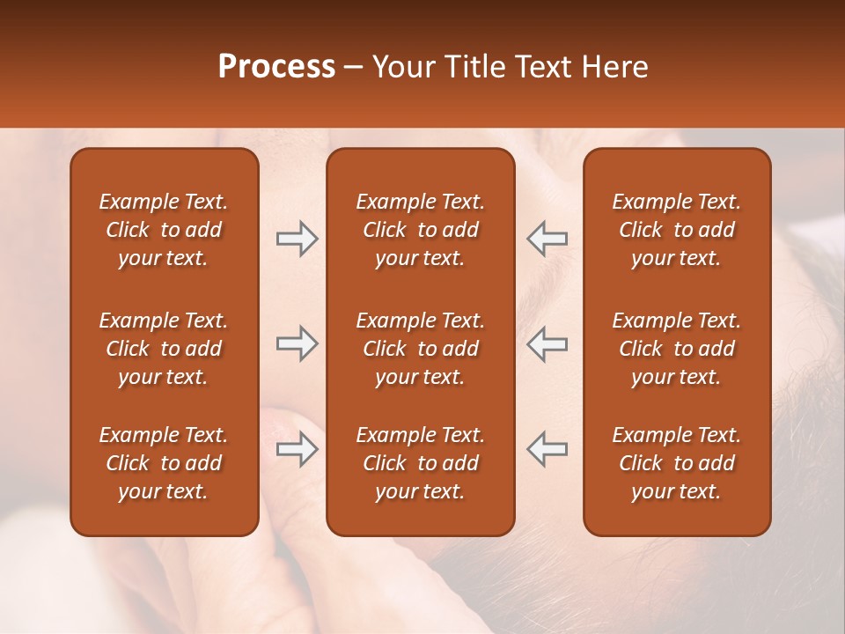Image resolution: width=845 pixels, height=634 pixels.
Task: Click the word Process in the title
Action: [x=276, y=67]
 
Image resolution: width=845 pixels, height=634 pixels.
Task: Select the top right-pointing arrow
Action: [x=297, y=239]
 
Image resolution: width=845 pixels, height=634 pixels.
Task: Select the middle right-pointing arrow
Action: [x=297, y=343]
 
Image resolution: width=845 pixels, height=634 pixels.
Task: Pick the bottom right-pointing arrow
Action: [x=297, y=449]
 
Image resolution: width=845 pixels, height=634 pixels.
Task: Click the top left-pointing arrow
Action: [x=547, y=239]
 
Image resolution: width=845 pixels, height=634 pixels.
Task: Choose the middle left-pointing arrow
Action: [x=547, y=343]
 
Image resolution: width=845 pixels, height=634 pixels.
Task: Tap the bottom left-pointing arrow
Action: [x=547, y=449]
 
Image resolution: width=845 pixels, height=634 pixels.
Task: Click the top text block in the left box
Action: [x=164, y=230]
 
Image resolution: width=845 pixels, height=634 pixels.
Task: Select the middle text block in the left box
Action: [x=164, y=349]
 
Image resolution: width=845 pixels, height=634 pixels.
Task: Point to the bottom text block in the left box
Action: [x=164, y=463]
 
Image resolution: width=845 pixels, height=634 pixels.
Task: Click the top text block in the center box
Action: [x=421, y=230]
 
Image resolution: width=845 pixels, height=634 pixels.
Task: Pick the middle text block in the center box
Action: [x=421, y=349]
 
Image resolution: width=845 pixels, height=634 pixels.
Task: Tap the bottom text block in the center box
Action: [x=421, y=463]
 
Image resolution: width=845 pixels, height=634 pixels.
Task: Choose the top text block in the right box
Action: [x=677, y=230]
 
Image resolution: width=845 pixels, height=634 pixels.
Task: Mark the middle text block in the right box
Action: [x=677, y=349]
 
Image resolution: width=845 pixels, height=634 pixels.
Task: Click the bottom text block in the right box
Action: [x=677, y=463]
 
